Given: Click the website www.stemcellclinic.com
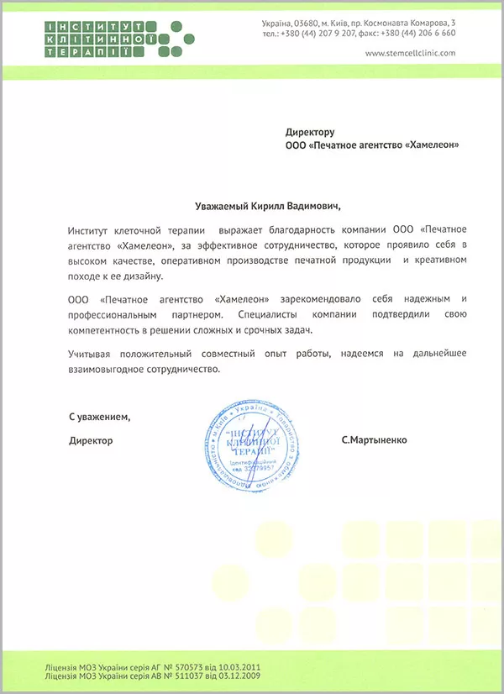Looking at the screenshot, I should [410, 52].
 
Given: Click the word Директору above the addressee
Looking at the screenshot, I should [309, 132].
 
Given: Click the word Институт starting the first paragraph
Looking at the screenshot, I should [89, 229].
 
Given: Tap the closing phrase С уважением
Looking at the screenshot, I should [100, 417].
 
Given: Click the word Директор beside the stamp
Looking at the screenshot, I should [91, 440].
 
